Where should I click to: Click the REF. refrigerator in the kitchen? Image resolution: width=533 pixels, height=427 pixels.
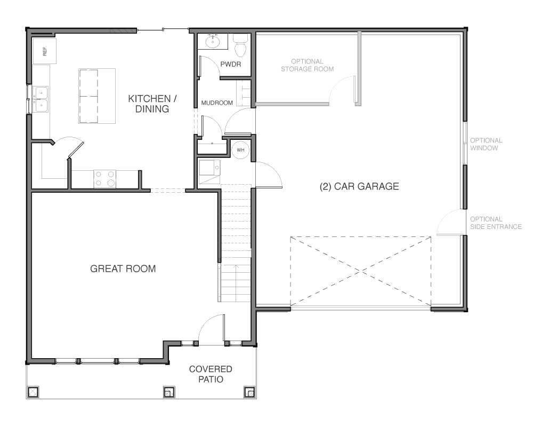pyautogui.click(x=45, y=51)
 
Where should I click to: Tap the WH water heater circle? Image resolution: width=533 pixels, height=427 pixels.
pyautogui.click(x=240, y=150)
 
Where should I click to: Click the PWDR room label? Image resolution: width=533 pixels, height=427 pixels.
pyautogui.click(x=230, y=64)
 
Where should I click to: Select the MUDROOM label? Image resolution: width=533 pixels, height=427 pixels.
pyautogui.click(x=217, y=103)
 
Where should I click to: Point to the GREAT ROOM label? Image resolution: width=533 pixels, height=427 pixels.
pyautogui.click(x=123, y=268)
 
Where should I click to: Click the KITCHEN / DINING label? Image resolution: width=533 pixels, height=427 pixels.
pyautogui.click(x=152, y=104)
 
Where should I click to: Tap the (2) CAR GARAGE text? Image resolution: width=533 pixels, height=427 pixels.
pyautogui.click(x=359, y=186)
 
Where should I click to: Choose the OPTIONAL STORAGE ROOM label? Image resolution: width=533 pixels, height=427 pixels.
pyautogui.click(x=308, y=65)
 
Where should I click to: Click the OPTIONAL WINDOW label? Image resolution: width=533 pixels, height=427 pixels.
pyautogui.click(x=486, y=144)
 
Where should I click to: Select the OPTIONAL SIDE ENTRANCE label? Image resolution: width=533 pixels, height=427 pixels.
pyautogui.click(x=496, y=223)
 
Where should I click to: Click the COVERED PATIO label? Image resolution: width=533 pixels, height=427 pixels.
pyautogui.click(x=211, y=374)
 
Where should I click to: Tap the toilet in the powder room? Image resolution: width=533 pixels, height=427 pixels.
pyautogui.click(x=240, y=45)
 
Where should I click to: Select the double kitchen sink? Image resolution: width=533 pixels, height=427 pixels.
pyautogui.click(x=41, y=99)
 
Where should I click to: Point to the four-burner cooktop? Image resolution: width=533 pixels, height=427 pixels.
pyautogui.click(x=104, y=179)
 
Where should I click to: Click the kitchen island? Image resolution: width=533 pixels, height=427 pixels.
pyautogui.click(x=97, y=96)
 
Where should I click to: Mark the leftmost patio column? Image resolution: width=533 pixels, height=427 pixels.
pyautogui.click(x=33, y=392)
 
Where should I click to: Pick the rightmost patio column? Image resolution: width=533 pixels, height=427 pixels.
pyautogui.click(x=249, y=392)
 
